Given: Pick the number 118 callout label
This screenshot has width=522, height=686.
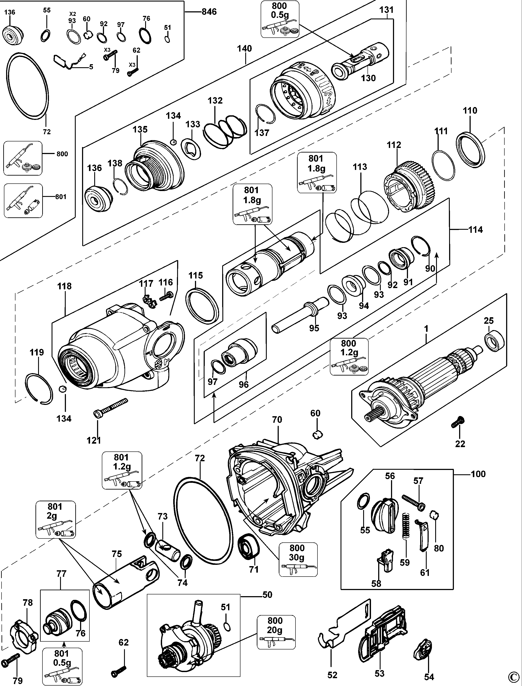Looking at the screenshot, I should pos(64,286).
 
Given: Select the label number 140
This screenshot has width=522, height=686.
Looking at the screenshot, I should pos(245,49).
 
